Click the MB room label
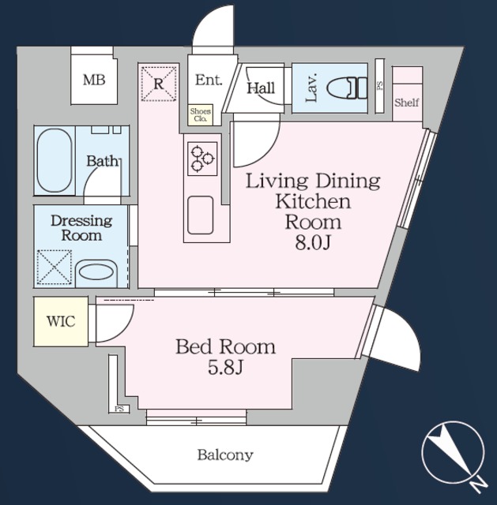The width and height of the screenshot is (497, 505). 94,80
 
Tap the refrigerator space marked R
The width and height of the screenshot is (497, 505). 159,84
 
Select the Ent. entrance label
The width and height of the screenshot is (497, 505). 209,80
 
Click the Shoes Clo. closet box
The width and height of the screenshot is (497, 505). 201,115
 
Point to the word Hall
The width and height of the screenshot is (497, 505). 261,88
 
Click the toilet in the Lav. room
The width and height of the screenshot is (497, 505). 347,88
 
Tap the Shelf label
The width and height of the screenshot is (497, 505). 407,103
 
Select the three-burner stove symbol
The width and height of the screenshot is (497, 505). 202,159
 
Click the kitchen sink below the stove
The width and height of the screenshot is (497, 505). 201,215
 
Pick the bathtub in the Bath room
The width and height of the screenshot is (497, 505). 55,161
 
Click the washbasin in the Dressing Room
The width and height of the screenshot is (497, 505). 96,273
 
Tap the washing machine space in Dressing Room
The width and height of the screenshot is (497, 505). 54,267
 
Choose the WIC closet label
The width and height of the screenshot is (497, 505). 61,321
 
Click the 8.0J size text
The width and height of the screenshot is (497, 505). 313,244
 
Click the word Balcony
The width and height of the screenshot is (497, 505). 225,455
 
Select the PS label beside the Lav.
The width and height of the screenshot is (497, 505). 379,85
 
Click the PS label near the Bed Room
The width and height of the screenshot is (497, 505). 119,410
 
